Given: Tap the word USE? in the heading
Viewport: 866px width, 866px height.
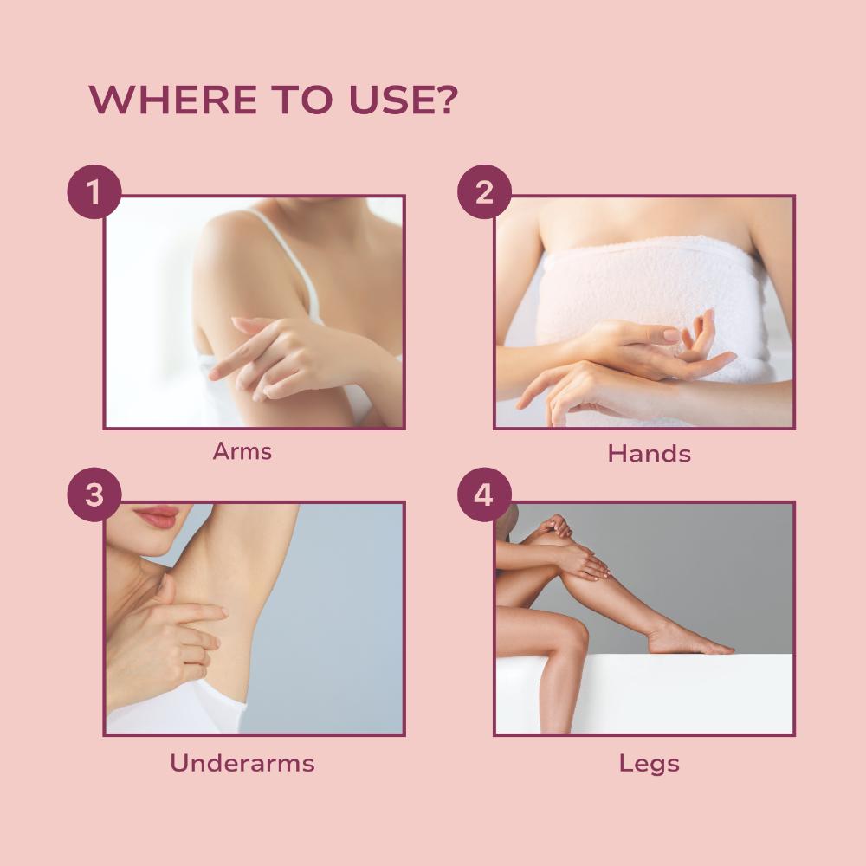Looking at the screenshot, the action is [x=404, y=100].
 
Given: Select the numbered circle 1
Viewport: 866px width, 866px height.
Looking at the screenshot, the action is [x=94, y=191].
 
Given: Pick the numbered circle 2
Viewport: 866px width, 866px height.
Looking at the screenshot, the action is [x=484, y=191].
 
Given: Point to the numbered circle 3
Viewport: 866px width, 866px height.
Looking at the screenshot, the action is [x=94, y=494].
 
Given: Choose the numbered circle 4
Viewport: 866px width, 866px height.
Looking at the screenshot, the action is [x=484, y=494].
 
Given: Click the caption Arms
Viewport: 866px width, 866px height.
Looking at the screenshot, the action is [x=242, y=451].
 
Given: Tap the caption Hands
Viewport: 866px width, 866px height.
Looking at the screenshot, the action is [x=649, y=454].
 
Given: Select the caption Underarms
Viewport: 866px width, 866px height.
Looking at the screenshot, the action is [x=242, y=763].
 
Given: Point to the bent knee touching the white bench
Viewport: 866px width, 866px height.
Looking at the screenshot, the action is [x=569, y=635].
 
